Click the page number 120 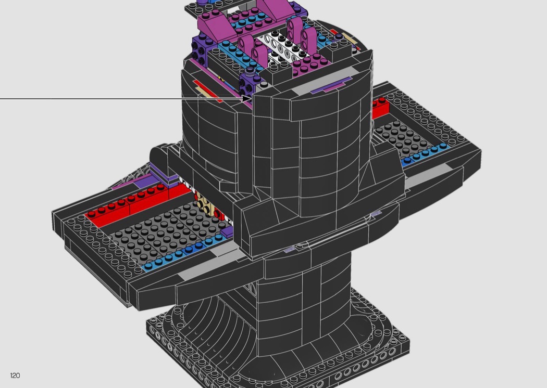pyautogui.click(x=15, y=375)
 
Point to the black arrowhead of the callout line pyautogui.click(x=246, y=99)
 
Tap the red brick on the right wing pyautogui.click(x=381, y=108)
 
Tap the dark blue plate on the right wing pyautogui.click(x=406, y=161)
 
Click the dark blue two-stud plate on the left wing pyautogui.click(x=193, y=248)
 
